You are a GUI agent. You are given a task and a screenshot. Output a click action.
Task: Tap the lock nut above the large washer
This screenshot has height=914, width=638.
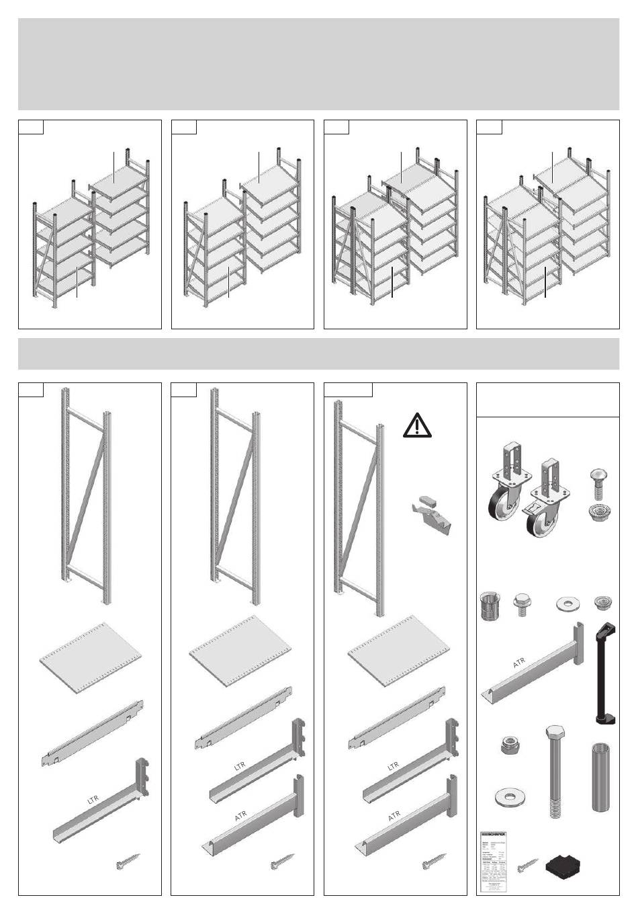coord(508,745)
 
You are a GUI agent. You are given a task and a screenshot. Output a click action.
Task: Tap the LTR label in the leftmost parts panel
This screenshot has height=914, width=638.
coord(93,800)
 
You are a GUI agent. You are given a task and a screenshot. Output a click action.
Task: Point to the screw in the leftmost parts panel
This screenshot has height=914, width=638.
coord(127,862)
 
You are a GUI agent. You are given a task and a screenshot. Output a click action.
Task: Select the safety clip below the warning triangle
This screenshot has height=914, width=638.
coord(430,514)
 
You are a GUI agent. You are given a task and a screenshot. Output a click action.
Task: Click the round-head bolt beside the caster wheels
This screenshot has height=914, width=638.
coord(599,481)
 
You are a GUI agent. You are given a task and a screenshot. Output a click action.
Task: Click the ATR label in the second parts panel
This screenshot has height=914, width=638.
coord(241,815)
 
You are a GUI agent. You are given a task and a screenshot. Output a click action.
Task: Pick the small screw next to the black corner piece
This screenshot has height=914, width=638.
coord(528,868)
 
